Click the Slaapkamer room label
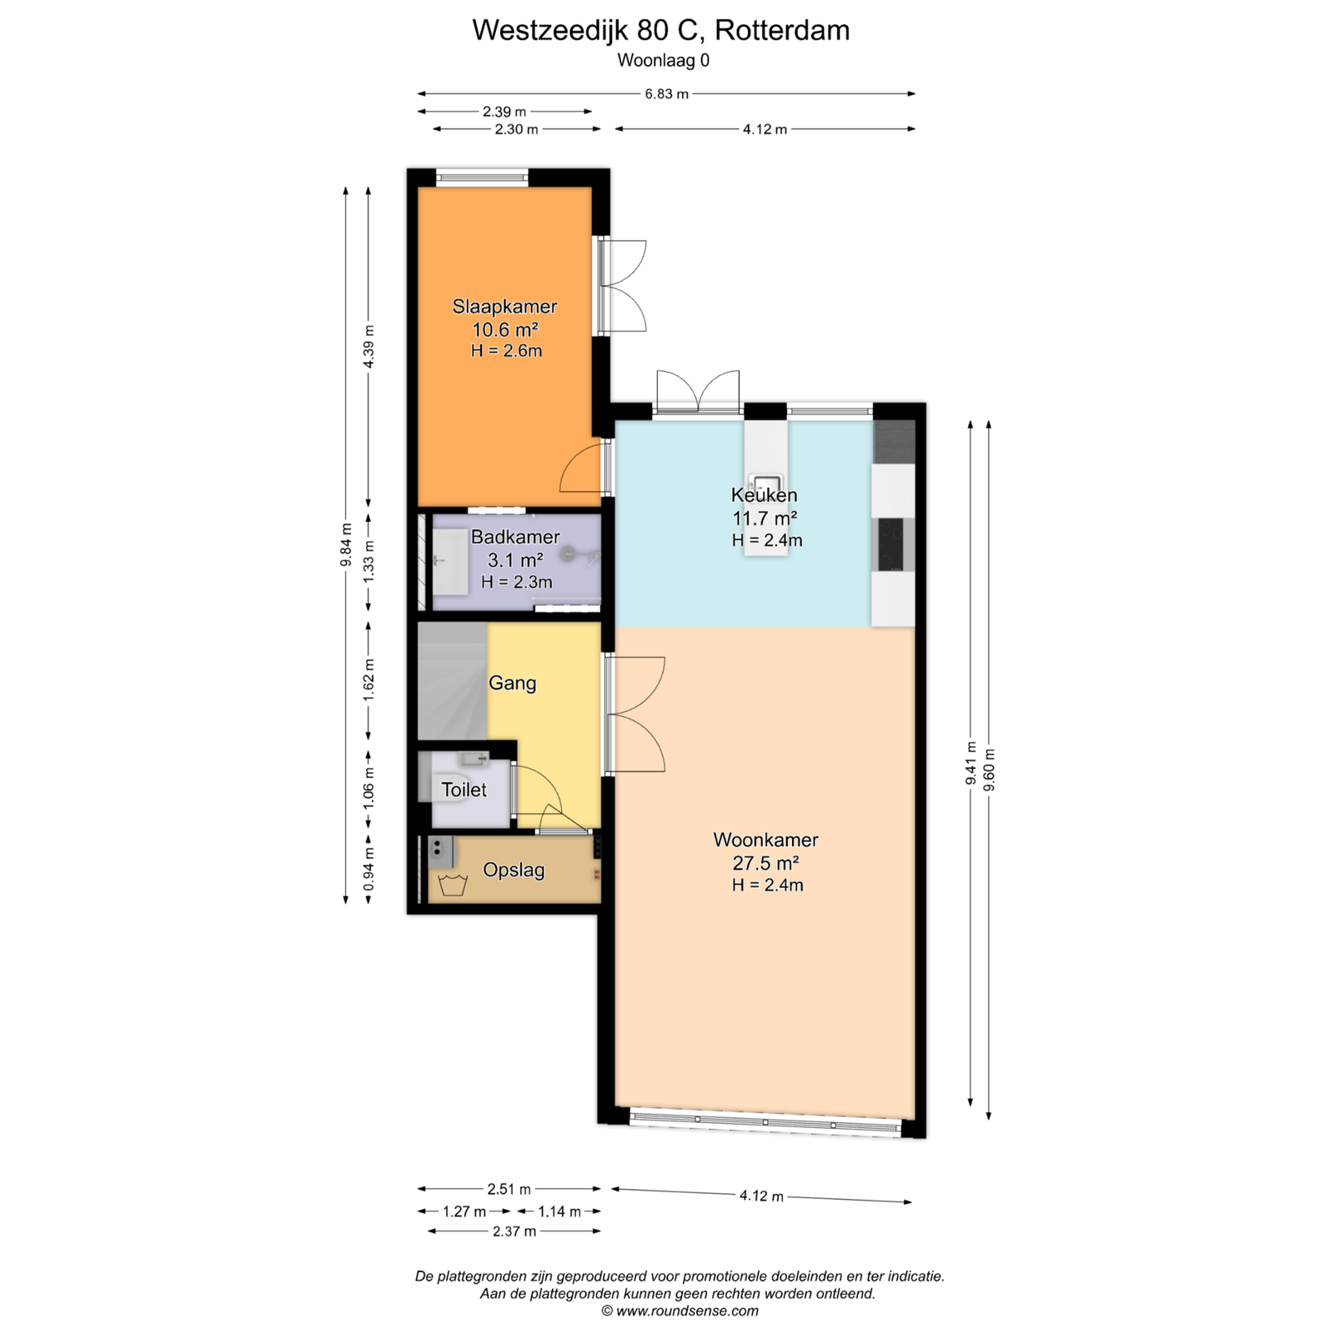point(504,306)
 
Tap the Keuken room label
point(764,495)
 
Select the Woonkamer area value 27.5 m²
point(766,862)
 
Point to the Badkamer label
point(515,537)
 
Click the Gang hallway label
point(512,684)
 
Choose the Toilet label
point(464,790)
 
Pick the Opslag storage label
point(514,870)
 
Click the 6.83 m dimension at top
point(666,93)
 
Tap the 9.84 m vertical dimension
point(346,544)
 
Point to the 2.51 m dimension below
point(509,1189)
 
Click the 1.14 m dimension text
point(559,1211)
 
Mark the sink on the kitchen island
point(765,483)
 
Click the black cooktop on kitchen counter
point(893,544)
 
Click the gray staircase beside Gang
point(453,680)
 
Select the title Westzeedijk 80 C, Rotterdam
point(661,31)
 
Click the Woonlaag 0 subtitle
point(664,61)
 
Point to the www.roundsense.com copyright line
point(680,1311)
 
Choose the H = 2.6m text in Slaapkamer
point(506,351)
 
